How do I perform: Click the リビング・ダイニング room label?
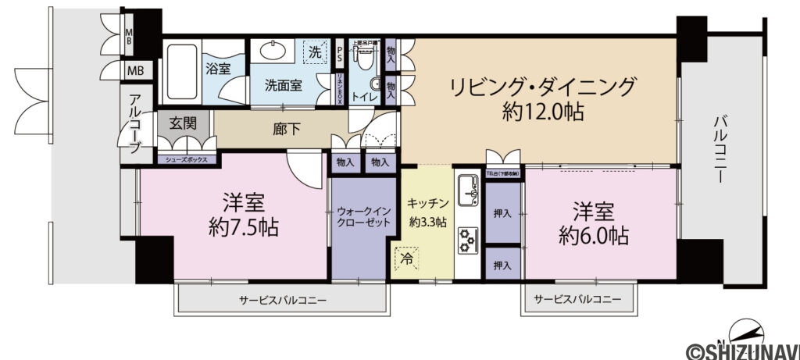coord(543,85)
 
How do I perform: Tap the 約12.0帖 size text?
coord(543,112)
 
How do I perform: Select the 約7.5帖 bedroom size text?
coord(245,229)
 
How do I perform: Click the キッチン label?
coord(427,203)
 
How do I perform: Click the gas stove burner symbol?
coord(469,238)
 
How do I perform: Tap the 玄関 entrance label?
coord(186,123)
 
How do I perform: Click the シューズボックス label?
coord(186,159)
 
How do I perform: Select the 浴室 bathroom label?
coord(217,69)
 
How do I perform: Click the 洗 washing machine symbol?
coord(314,52)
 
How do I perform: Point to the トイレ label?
coord(365,97)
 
